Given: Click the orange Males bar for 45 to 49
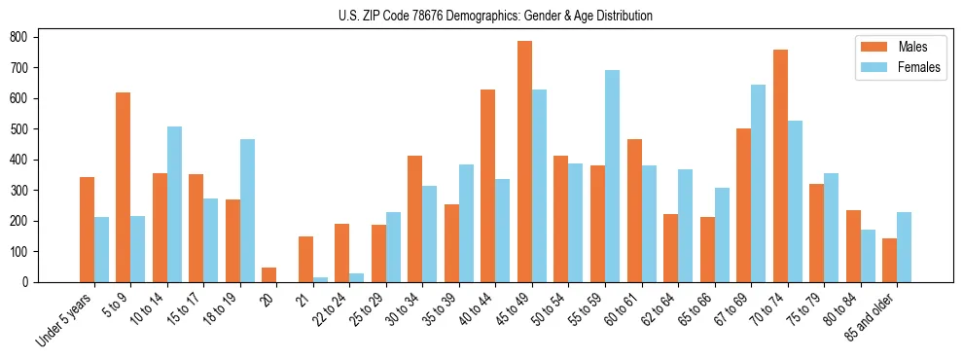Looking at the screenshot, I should coord(524,162).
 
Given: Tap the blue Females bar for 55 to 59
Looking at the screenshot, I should coord(612,176).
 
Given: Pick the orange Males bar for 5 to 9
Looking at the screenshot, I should coord(124,187).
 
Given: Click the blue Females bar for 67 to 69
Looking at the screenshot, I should coord(758,183).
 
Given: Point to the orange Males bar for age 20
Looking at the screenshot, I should coord(269,274).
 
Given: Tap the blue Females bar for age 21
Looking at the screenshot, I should coord(320,279).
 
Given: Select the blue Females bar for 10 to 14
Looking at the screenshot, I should coord(174,204).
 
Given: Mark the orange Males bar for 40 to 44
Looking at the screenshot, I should coord(488,186).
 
